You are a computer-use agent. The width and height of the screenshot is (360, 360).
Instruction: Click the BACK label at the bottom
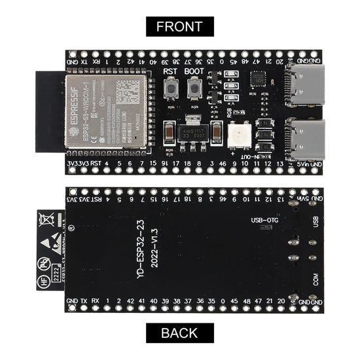click(x=179, y=333)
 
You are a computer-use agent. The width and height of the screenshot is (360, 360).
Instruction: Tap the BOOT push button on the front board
click(x=194, y=88)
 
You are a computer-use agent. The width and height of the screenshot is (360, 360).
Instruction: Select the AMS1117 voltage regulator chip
click(x=192, y=124)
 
